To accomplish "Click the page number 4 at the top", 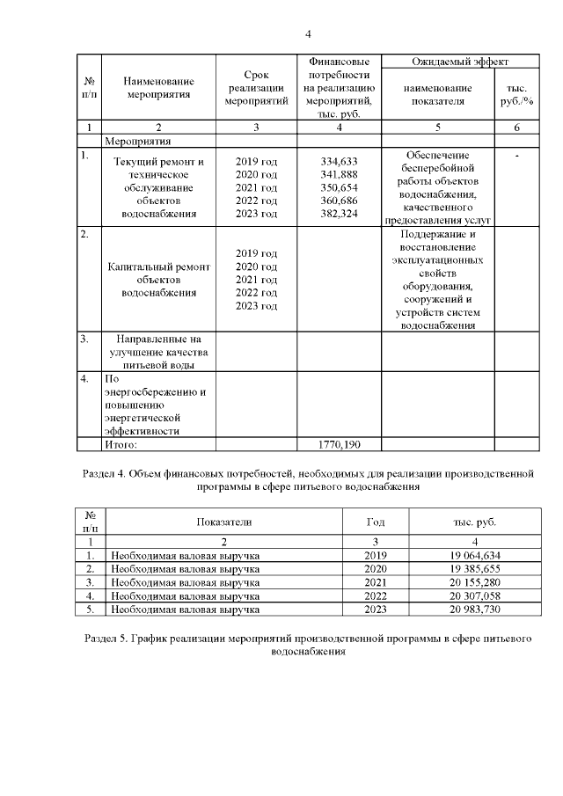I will click(308, 34).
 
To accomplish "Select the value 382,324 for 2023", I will click(340, 214).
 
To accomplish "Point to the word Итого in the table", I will click(122, 445).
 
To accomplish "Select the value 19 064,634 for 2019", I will click(474, 556).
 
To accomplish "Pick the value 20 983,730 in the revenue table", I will click(474, 609).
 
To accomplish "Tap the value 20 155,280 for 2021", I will click(474, 582).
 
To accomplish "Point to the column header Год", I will click(376, 522).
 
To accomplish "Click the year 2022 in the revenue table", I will click(376, 595).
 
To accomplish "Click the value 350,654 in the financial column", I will click(340, 187).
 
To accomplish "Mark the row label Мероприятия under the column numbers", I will click(137, 140).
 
